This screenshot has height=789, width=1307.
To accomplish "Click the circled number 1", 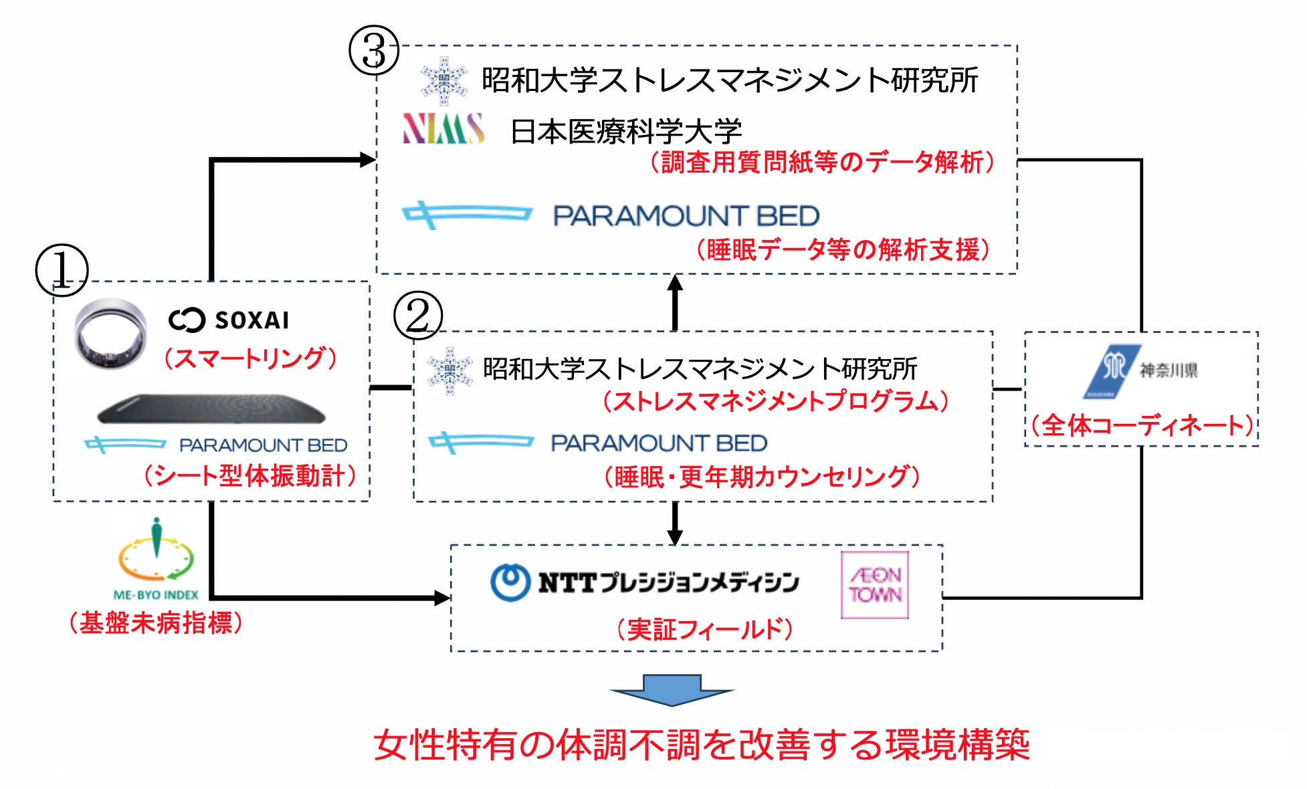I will (x=62, y=271).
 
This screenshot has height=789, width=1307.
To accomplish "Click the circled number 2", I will (x=418, y=315).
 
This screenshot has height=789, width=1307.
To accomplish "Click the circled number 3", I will (x=374, y=51).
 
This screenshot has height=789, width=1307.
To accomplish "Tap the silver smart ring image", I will (x=110, y=333).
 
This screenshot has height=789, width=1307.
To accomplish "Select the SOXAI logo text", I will (x=229, y=320).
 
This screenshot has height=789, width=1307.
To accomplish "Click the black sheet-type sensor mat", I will (x=211, y=409).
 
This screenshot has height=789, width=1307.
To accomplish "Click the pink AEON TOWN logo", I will (x=874, y=585).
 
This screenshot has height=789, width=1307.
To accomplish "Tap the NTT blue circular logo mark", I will (x=511, y=582).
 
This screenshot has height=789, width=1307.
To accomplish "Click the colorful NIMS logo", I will (x=443, y=129).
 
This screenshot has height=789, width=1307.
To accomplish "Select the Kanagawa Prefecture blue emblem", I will (x=1111, y=370).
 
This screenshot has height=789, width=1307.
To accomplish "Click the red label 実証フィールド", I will (x=704, y=629).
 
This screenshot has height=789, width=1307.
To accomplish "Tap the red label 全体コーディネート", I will (x=1142, y=425).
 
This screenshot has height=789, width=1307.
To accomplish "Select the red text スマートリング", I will (x=251, y=358).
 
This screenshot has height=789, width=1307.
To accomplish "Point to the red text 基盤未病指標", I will (x=156, y=623).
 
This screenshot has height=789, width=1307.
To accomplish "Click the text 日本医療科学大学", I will (x=626, y=131).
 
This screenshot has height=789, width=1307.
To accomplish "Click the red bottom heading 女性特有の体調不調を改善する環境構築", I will (x=701, y=745).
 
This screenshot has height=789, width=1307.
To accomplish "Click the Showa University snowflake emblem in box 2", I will (x=449, y=370).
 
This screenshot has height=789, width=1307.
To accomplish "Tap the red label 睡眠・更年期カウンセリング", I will (x=762, y=477).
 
